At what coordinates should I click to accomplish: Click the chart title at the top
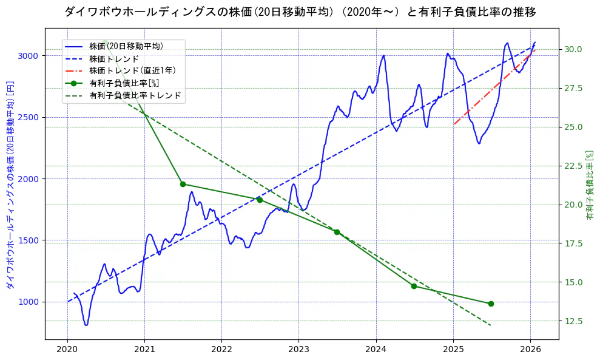[x=300, y=12]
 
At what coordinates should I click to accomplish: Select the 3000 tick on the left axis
[x=29, y=56]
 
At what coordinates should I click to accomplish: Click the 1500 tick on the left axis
[x=29, y=240]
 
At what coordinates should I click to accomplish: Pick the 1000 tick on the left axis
[x=29, y=302]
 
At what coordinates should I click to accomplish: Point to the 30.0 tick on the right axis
[x=573, y=49]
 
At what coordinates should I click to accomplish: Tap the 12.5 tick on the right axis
[x=573, y=321]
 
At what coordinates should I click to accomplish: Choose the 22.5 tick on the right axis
[x=573, y=166]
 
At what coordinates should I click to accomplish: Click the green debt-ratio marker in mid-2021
[x=183, y=184]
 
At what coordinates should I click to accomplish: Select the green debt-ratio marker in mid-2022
[x=260, y=200]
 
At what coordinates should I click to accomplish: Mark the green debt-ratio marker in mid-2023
[x=337, y=232]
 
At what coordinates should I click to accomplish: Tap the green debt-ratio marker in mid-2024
[x=414, y=286]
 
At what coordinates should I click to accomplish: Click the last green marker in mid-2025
[x=491, y=304]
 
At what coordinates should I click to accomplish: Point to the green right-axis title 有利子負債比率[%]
[x=590, y=185]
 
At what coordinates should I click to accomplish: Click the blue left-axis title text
[x=10, y=185]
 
